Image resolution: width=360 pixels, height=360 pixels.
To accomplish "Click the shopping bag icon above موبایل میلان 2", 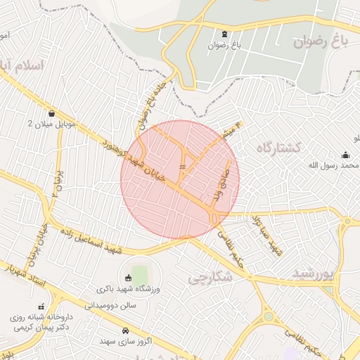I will coord(51,112).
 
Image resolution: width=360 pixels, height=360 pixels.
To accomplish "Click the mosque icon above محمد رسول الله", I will coord(345,155).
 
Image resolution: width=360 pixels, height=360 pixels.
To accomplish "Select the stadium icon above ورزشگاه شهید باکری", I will coord(128,278).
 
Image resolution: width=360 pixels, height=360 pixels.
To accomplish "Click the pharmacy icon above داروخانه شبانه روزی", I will coord(41,306).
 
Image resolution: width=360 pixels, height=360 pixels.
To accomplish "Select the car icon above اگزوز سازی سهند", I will coord(125,330).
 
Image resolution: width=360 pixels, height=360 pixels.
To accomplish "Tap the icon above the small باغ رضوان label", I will coord(224,34).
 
